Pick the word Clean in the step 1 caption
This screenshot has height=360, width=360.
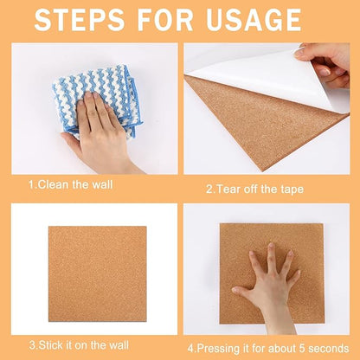[53, 184]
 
